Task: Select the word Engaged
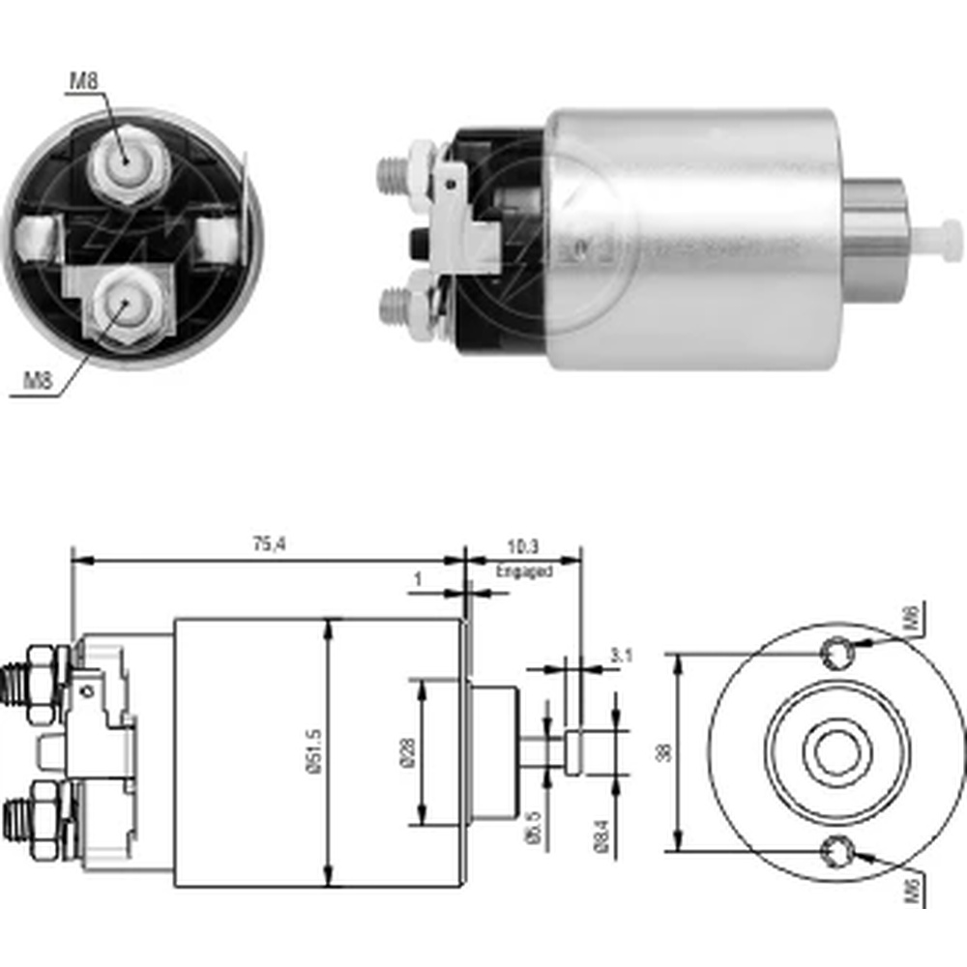524,571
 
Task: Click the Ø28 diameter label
406,751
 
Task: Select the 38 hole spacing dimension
662,751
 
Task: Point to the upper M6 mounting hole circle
836,654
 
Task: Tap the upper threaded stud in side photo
393,173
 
